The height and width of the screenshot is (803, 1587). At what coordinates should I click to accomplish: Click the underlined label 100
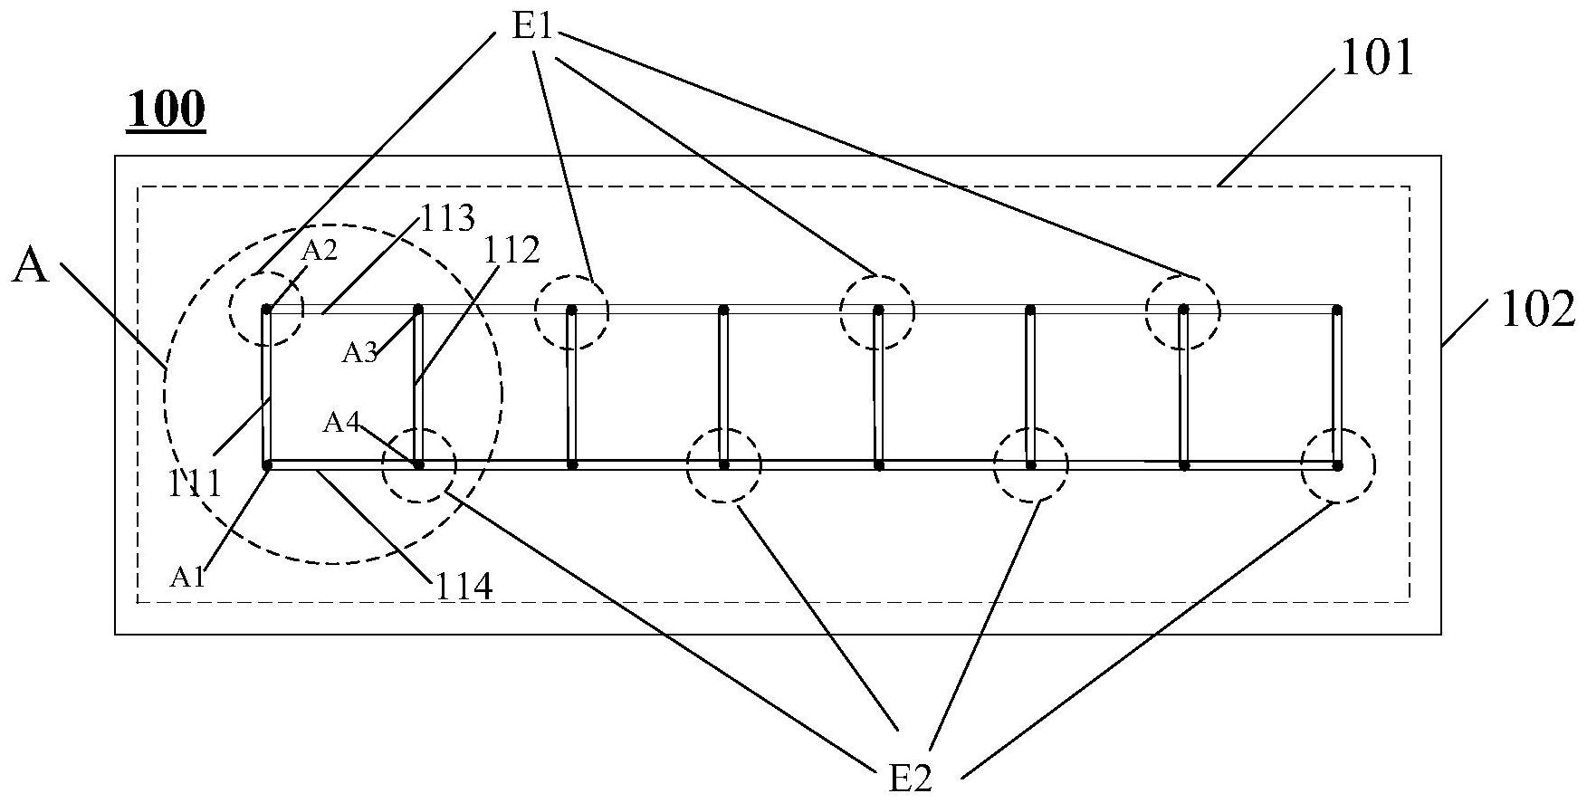point(166,111)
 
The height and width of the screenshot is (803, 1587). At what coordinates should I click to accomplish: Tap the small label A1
point(188,578)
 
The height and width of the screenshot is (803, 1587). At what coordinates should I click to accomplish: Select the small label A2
point(319,251)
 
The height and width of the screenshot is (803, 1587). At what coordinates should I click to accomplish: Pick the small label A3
point(359,353)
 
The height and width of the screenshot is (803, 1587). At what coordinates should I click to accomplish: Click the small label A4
point(341,422)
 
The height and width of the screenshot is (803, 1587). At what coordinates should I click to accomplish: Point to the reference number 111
point(196,483)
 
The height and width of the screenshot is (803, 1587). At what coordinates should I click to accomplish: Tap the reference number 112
point(511,251)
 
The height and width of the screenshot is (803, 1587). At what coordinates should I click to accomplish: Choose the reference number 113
point(445,218)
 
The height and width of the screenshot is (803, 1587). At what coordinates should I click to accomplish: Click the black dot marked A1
point(267,465)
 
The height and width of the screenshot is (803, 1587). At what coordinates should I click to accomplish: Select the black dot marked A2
point(266,310)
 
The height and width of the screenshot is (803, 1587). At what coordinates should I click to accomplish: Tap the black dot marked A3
point(418,310)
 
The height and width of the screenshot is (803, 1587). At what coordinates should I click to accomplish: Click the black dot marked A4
point(418,465)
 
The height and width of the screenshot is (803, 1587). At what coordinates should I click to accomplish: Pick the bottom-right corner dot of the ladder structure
point(1337,465)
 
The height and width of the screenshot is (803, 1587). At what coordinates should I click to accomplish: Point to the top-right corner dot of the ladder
point(1337,310)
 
